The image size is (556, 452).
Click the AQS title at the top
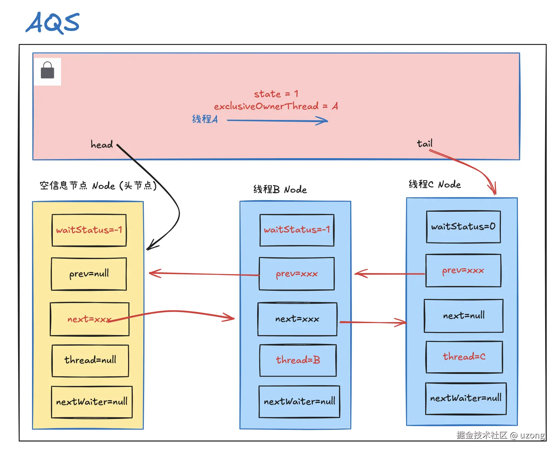[53, 23]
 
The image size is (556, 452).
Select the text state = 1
[276, 94]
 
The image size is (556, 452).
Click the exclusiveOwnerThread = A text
[276, 106]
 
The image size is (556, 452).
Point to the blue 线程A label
[205, 119]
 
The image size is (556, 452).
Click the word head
[102, 145]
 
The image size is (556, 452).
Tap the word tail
[424, 144]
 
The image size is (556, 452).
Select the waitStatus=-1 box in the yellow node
[89, 230]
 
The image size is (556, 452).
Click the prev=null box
[89, 274]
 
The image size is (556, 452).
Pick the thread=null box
[90, 360]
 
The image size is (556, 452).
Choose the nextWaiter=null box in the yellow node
[92, 402]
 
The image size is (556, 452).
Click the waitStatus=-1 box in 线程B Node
[297, 230]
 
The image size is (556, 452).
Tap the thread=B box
[298, 360]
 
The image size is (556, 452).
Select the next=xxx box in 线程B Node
[297, 319]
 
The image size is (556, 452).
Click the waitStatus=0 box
[463, 227]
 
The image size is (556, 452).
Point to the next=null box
[463, 316]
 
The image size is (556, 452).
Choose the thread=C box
[464, 357]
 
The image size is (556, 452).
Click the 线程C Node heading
[435, 184]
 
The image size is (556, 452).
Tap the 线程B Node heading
[280, 190]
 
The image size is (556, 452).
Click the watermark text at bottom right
[500, 435]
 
